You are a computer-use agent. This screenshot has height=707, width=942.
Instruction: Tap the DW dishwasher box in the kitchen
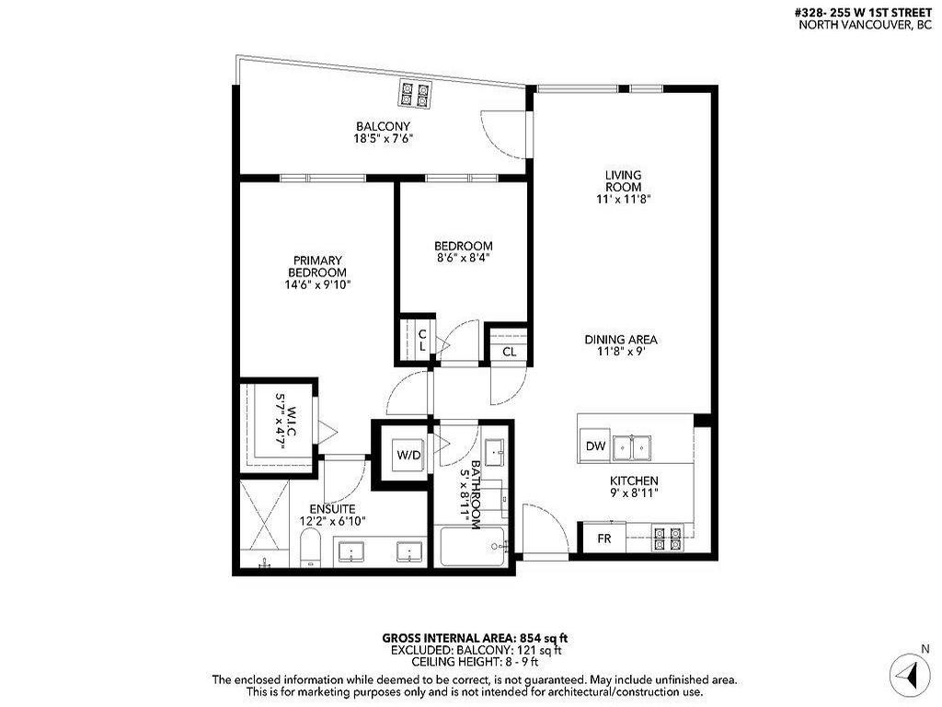coord(595,446)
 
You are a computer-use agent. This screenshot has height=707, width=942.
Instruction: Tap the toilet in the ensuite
coord(310,550)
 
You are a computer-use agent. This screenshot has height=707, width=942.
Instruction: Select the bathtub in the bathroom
coord(474,547)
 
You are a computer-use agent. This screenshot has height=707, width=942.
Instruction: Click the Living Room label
coord(623,180)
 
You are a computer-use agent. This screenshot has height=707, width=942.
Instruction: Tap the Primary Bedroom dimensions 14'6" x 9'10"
coord(317,285)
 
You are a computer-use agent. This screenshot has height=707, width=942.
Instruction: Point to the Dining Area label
coord(621,339)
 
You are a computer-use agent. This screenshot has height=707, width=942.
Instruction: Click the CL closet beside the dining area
coord(509,352)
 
